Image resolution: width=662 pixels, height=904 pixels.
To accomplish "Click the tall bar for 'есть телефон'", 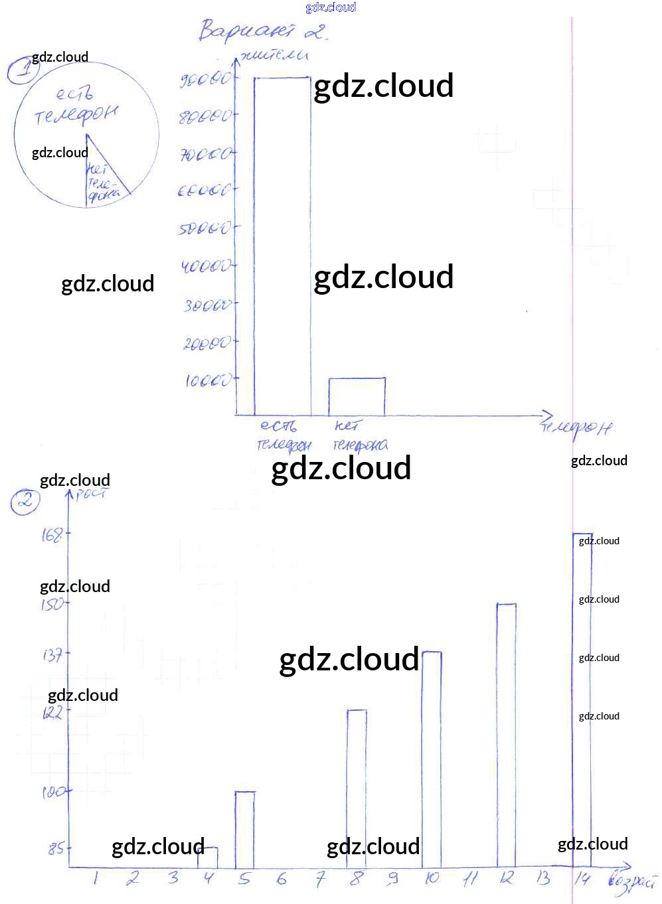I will point(282,246).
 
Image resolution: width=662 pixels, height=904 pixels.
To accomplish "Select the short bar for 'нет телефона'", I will point(357,397).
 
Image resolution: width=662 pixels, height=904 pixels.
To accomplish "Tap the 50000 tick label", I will point(205,229).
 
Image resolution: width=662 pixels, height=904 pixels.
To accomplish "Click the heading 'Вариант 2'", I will point(263,31).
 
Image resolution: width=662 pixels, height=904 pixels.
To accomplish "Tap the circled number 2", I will point(25,501).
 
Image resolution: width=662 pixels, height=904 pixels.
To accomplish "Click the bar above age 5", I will point(244,830).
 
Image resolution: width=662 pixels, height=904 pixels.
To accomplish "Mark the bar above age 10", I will point(432,759).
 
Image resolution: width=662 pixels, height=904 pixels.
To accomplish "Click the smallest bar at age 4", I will point(208,858).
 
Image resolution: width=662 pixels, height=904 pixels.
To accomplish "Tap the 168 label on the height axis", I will point(52,534).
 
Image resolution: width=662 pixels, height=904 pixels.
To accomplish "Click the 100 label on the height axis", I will point(53,792).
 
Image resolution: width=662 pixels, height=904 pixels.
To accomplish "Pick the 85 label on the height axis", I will point(56,848).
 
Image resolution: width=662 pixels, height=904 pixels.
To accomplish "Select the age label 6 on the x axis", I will point(282,879).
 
